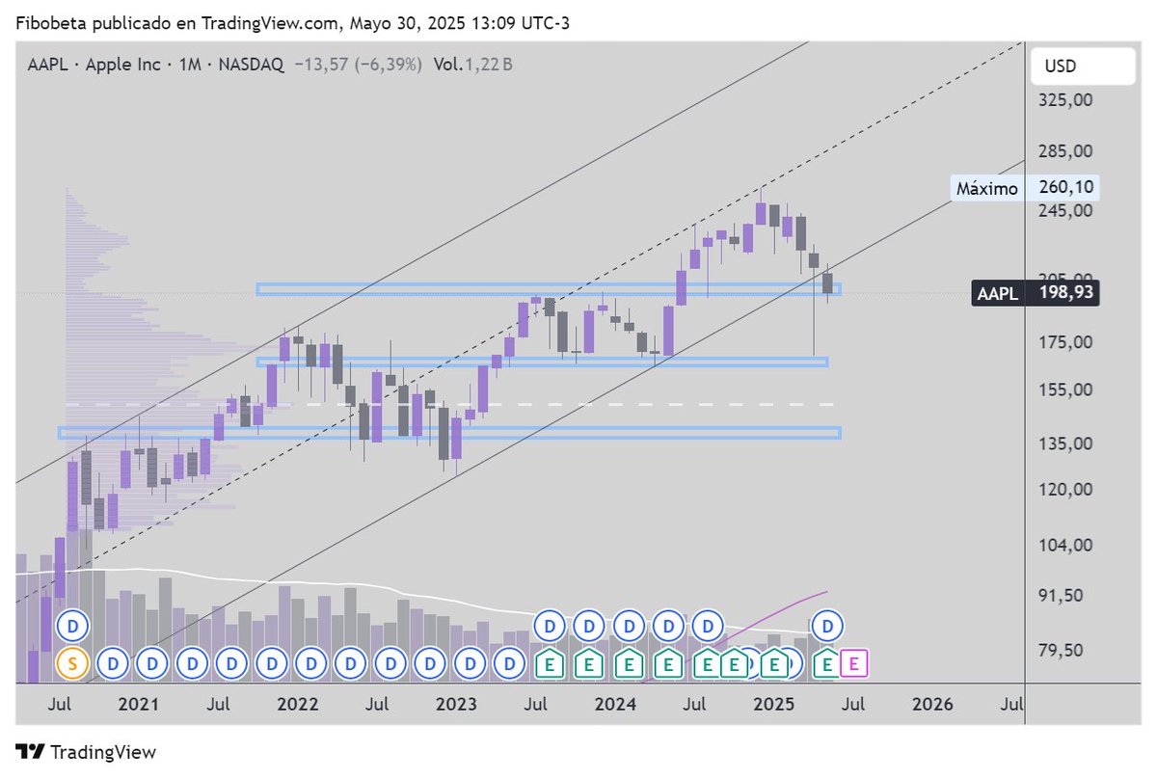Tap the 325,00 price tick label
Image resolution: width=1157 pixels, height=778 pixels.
[1065, 99]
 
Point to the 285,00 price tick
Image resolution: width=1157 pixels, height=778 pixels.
[1065, 151]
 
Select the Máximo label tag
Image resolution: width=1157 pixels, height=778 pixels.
[986, 188]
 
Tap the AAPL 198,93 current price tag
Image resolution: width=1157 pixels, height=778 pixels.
[1036, 292]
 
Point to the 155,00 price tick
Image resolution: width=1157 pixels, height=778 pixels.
[1065, 389]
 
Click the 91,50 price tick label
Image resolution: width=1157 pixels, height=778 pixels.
[1065, 595]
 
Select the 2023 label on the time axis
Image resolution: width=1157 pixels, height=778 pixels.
[456, 705]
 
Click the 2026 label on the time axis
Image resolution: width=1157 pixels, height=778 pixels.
[932, 705]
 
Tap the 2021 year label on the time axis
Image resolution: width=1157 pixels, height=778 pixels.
[138, 705]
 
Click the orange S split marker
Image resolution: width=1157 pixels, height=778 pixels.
[71, 663]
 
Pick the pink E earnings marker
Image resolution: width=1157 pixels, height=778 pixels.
[853, 663]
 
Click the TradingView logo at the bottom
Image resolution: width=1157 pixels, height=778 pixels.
[86, 752]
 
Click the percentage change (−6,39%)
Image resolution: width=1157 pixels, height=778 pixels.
[384, 65]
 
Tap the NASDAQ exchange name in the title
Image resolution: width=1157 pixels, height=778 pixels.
[251, 65]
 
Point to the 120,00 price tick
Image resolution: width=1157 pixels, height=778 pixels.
[1065, 489]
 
